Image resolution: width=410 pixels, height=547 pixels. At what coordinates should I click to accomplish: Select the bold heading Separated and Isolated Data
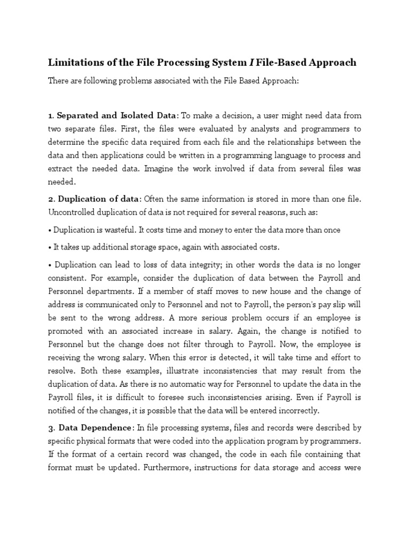tap(116, 115)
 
